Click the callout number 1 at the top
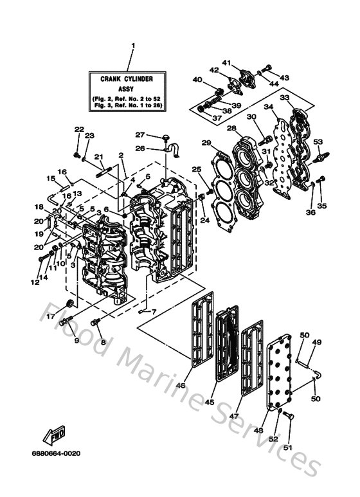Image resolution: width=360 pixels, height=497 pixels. (x=133, y=46)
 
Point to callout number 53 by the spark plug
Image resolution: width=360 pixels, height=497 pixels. (x=317, y=141)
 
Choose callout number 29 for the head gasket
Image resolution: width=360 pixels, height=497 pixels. (x=206, y=143)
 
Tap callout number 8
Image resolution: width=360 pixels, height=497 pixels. (x=102, y=343)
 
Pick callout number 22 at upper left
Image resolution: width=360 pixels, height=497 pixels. (x=78, y=129)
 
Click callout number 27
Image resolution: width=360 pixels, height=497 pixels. (x=138, y=135)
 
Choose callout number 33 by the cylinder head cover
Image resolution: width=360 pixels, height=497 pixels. (x=283, y=98)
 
